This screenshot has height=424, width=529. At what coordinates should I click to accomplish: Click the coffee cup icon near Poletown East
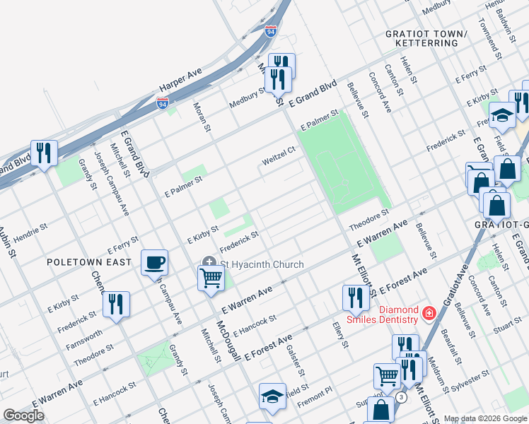pyautogui.click(x=154, y=264)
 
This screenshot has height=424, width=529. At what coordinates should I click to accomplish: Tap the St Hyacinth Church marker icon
pyautogui.click(x=209, y=264)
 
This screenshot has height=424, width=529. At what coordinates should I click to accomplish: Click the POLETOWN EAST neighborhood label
pyautogui.click(x=89, y=262)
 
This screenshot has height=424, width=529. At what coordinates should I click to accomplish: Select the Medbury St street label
pyautogui.click(x=247, y=101)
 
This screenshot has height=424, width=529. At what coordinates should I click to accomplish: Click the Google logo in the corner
pyautogui.click(x=23, y=415)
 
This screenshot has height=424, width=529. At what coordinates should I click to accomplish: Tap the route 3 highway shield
pyautogui.click(x=401, y=397)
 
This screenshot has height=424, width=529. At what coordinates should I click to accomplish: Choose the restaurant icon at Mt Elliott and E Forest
pyautogui.click(x=355, y=298)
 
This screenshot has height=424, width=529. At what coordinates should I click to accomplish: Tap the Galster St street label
pyautogui.click(x=298, y=362)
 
